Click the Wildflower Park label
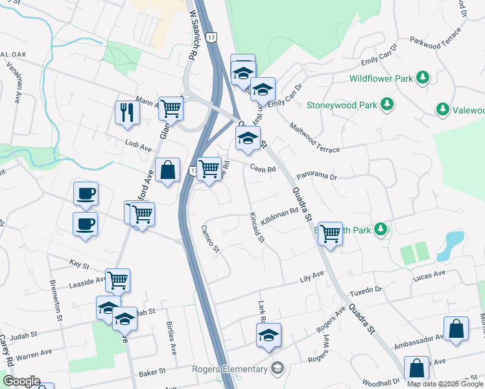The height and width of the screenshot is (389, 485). tap(381, 78)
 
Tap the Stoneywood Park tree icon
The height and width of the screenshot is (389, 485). tap(387, 104)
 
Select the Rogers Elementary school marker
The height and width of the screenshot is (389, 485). tap(278, 369)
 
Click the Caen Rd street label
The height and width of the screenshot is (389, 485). tap(263, 169)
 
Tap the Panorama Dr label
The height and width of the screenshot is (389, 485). tap(317, 176)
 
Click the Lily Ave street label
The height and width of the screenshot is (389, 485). tap(311, 276)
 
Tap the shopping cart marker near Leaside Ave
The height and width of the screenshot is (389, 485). tap(118, 280)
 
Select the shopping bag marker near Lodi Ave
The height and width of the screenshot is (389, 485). tap(168, 171)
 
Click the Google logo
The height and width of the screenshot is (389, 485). tap(21, 381)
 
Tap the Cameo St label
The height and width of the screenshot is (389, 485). tap(211, 239)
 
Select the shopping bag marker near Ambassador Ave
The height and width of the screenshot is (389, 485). tap(456, 328)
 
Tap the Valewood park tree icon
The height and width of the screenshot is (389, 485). tap(443, 109)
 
